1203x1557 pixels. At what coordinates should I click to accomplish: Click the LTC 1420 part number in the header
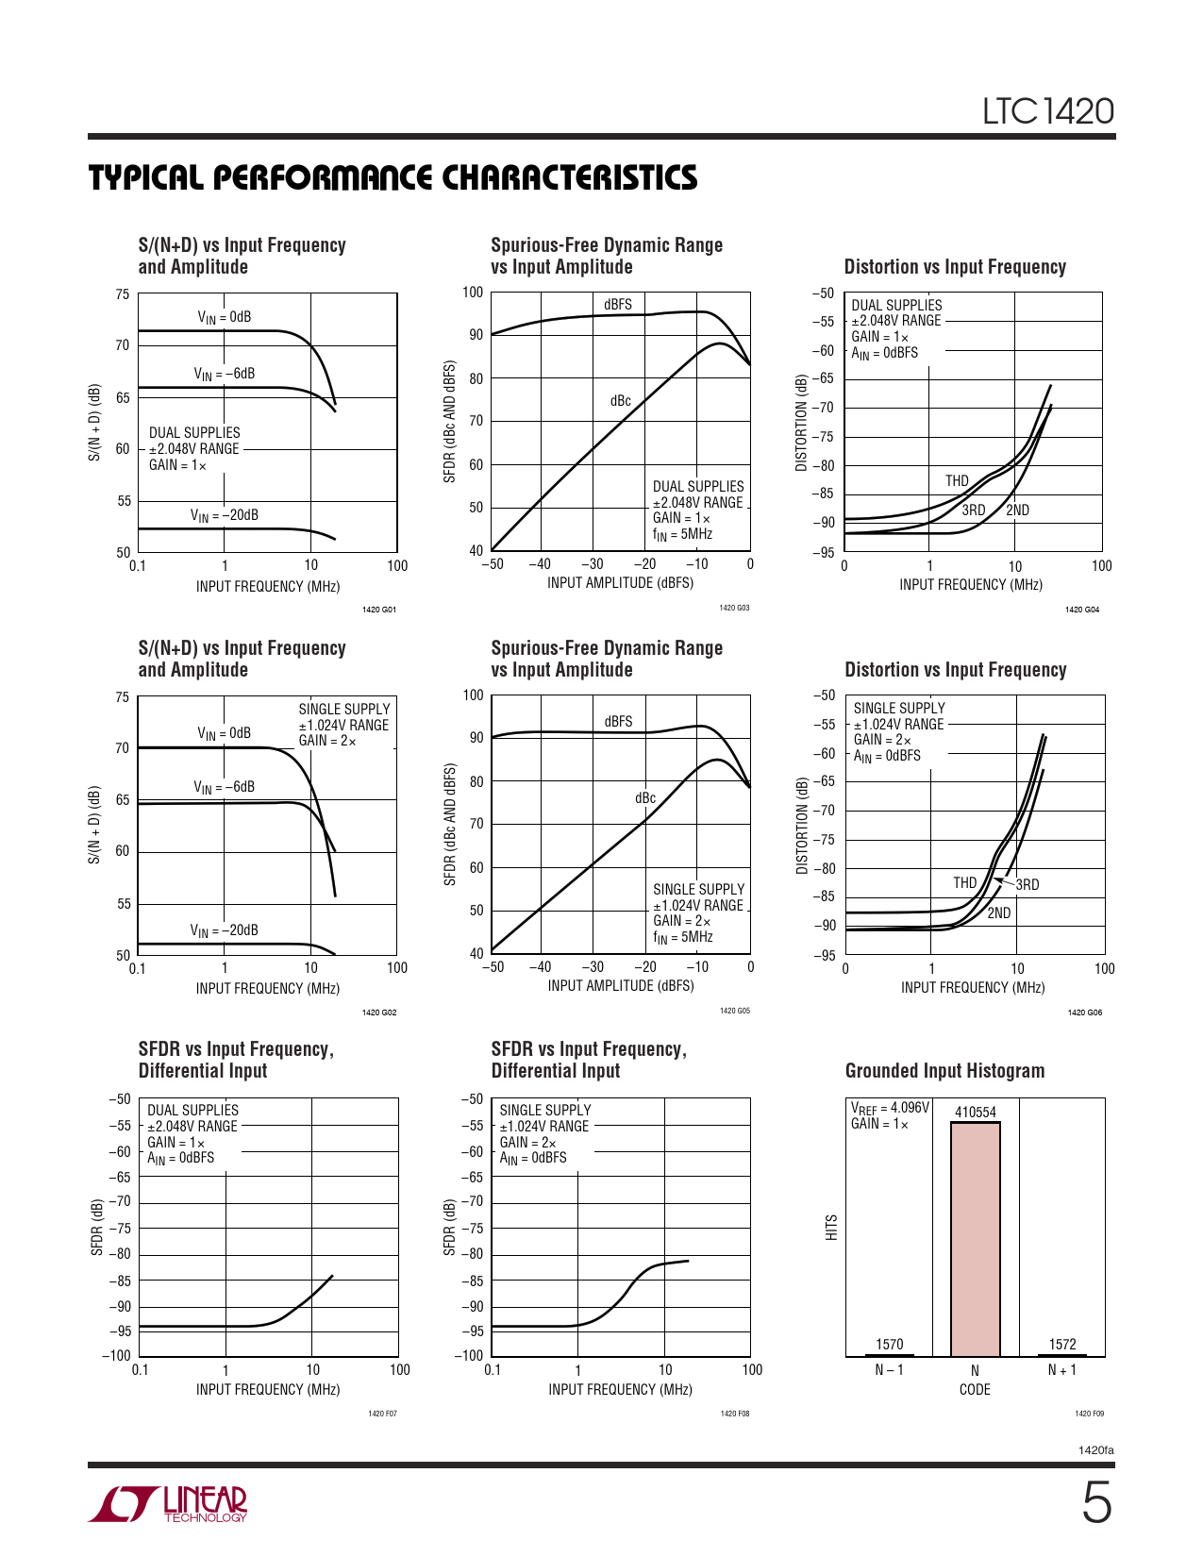1048,111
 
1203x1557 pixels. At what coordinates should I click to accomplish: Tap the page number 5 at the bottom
1095,1503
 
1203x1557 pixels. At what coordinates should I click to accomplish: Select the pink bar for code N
975,1238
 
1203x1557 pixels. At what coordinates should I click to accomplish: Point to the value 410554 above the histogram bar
975,1113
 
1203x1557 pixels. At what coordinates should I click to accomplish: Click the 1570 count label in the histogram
889,1344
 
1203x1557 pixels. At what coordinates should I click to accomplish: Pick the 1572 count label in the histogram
1062,1344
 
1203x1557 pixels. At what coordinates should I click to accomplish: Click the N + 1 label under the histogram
1062,1370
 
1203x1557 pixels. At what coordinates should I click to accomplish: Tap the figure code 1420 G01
379,610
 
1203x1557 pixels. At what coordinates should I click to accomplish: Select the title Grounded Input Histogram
944,1071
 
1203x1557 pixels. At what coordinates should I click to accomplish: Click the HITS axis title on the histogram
831,1228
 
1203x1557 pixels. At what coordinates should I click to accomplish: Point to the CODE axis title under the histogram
975,1390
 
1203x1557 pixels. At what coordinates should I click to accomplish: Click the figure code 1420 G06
1084,1013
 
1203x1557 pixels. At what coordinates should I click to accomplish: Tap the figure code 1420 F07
382,1414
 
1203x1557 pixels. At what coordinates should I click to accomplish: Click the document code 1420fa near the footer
1095,1449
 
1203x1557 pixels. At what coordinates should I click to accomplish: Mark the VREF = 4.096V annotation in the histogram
890,1108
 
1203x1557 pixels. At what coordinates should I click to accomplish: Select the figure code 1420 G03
734,608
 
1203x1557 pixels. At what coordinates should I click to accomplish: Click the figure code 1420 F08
734,1414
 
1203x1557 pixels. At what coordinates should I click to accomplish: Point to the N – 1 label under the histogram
889,1370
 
